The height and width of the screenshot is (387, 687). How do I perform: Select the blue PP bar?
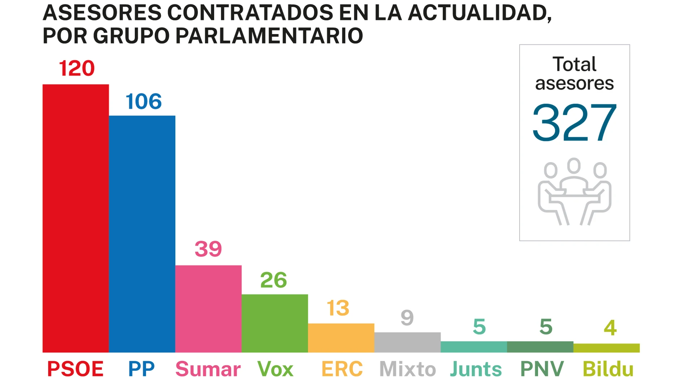(x=142, y=234)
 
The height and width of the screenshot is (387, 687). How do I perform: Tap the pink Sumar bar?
(x=208, y=309)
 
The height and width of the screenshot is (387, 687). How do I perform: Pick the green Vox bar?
(x=275, y=323)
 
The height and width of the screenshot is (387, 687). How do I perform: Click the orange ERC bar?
(x=341, y=338)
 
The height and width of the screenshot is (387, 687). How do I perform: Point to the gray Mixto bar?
(x=407, y=342)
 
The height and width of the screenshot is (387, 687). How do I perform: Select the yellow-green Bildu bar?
(x=606, y=348)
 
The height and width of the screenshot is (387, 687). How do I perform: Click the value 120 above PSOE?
(x=77, y=68)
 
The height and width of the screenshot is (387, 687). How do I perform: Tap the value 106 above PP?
(x=144, y=101)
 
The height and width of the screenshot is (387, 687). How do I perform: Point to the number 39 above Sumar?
(x=208, y=249)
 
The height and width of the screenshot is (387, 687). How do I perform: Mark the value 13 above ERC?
(x=338, y=308)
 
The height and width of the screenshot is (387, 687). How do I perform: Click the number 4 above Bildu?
(x=610, y=328)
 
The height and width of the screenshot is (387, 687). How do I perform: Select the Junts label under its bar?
(x=476, y=369)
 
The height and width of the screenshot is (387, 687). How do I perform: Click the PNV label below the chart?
(x=542, y=369)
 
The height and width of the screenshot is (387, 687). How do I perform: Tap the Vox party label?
(x=275, y=369)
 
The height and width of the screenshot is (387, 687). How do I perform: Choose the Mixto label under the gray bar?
(x=407, y=369)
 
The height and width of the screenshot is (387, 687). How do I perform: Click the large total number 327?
(x=574, y=122)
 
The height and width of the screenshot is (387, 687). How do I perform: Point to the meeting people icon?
(x=574, y=192)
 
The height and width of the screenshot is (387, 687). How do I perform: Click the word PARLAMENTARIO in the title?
(x=269, y=35)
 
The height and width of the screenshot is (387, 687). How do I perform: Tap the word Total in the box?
(x=574, y=64)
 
